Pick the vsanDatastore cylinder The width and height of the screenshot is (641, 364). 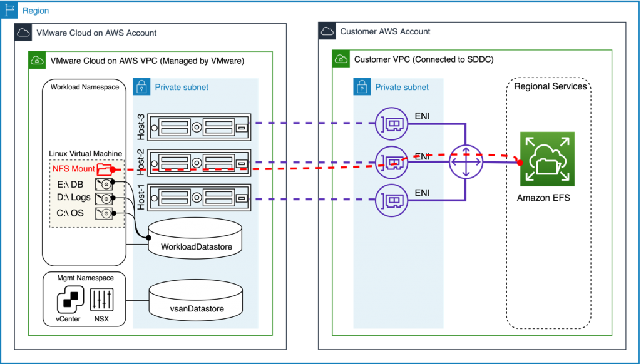196,301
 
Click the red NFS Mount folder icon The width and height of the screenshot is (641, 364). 105,169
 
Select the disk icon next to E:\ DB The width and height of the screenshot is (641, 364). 103,185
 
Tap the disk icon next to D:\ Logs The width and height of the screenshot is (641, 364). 103,198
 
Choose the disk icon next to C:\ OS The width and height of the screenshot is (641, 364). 103,213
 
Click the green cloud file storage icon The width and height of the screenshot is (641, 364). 547,159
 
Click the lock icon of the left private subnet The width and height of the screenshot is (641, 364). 141,86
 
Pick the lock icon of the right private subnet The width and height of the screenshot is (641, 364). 362,86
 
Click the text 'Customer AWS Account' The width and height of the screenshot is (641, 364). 385,32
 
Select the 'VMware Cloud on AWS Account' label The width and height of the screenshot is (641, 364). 96,33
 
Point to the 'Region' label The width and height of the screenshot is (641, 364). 36,11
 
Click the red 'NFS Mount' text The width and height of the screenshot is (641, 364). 73,169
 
